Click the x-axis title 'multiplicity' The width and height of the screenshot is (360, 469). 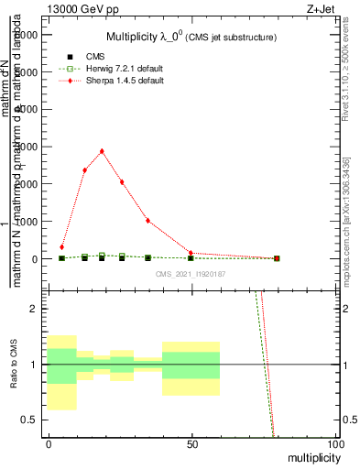coord(311,457)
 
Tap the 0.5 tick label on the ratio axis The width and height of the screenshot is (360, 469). coord(29,420)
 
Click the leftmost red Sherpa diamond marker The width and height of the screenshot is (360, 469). coord(62,247)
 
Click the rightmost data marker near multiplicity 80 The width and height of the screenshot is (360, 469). coord(277,258)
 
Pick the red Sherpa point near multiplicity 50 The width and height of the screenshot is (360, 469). coord(191,253)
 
